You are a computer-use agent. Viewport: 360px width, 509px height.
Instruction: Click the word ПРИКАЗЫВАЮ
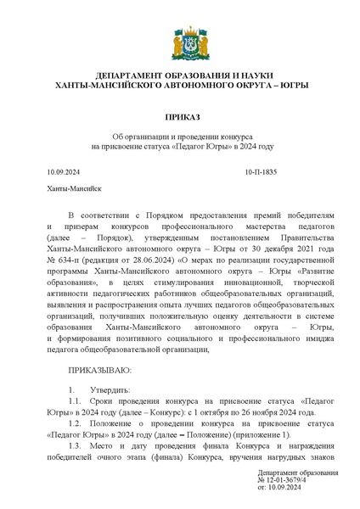[x=99, y=371]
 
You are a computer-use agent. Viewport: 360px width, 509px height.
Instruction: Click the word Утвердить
[x=111, y=389]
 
